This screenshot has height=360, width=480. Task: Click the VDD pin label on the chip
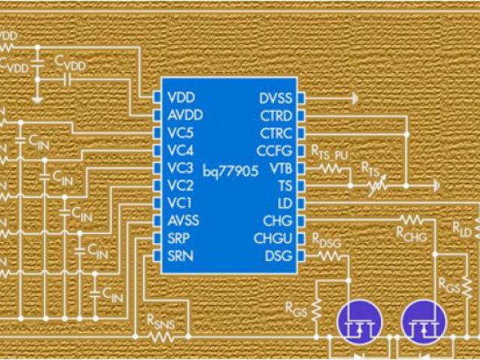click(x=181, y=98)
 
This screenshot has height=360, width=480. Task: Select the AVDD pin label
click(x=184, y=115)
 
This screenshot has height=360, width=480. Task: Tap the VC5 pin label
click(x=181, y=133)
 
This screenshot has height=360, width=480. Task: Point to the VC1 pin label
click(x=181, y=202)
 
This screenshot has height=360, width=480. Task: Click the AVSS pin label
click(x=184, y=220)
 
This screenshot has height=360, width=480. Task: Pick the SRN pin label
click(x=181, y=256)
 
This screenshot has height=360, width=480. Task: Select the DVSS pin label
click(x=275, y=98)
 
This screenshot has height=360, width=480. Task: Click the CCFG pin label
click(x=274, y=151)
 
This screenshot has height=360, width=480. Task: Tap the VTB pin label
click(x=280, y=168)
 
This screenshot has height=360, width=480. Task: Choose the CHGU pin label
click(x=274, y=238)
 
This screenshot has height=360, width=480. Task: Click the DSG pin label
click(x=279, y=256)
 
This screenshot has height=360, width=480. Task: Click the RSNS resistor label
click(x=160, y=322)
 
